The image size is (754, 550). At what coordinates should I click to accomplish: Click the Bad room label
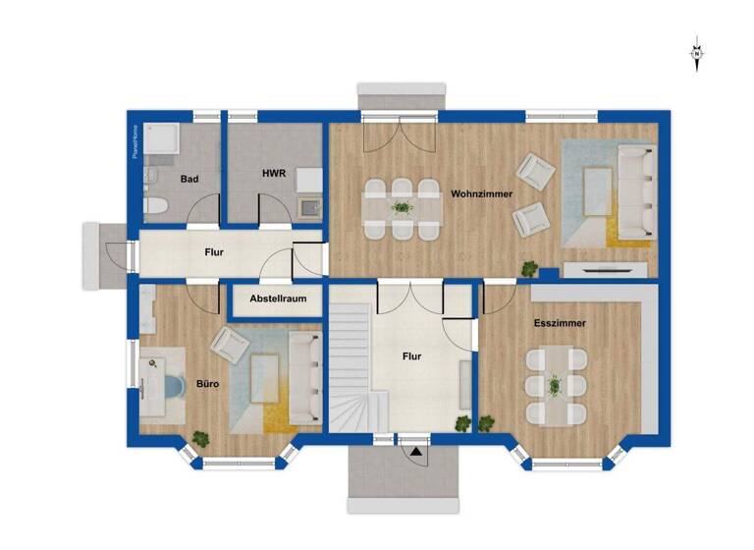190,180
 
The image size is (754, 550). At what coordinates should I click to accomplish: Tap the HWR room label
273,173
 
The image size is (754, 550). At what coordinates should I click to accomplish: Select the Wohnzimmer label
481,194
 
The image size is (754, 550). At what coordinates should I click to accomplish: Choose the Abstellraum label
278,298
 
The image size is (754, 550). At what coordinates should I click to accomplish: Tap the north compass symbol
696,54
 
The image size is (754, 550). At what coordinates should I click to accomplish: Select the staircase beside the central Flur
350,368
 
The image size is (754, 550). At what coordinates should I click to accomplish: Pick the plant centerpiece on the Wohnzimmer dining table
401,207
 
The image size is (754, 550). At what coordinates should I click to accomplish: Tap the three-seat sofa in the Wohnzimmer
635,192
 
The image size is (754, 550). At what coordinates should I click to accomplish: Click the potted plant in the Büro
200,438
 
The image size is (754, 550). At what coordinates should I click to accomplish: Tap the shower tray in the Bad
162,140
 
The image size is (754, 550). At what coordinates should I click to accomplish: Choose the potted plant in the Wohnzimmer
529,267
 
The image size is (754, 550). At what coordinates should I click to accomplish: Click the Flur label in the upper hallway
214,252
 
